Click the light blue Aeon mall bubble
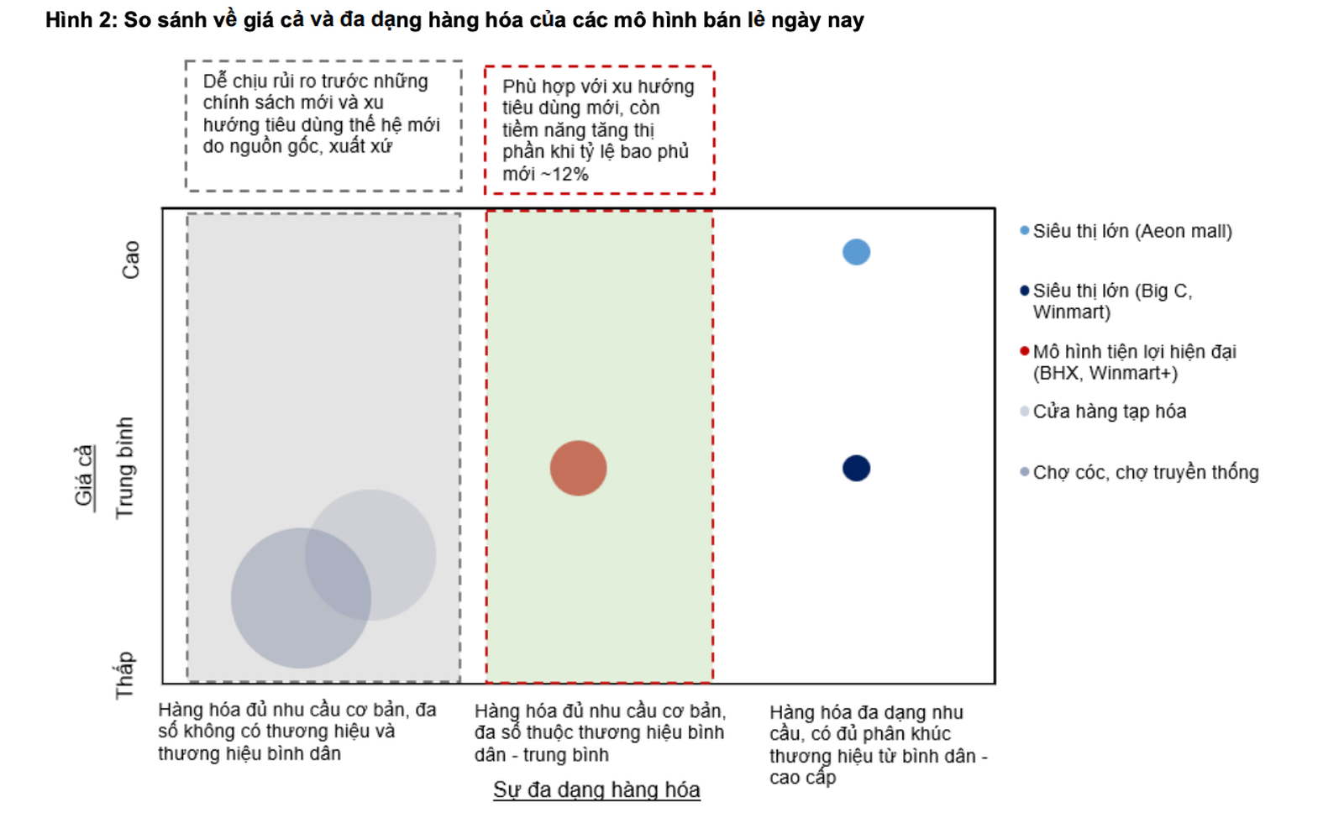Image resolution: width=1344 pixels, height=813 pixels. point(856,252)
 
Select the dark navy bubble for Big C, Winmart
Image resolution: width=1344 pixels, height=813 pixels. point(856,468)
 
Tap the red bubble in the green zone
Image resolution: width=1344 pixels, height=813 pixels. point(578,468)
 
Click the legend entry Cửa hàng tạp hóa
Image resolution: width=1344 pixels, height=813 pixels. point(1109,412)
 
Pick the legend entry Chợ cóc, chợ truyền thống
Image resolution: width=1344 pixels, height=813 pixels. point(1145,472)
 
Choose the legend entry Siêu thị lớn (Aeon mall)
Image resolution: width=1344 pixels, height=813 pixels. point(1131,231)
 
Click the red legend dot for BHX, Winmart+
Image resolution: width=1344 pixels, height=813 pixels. point(1024,351)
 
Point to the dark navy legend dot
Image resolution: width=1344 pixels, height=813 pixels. point(1024,291)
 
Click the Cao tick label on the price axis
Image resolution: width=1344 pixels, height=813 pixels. point(131,260)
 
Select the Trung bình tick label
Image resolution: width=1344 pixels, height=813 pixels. point(124,468)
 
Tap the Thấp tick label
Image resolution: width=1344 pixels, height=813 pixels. point(124,674)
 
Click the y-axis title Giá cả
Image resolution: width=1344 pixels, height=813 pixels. point(83,475)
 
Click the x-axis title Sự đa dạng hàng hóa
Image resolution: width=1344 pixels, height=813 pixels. point(596,789)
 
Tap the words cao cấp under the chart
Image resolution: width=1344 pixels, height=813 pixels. point(802,777)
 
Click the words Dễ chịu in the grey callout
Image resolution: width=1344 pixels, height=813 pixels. point(228,81)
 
